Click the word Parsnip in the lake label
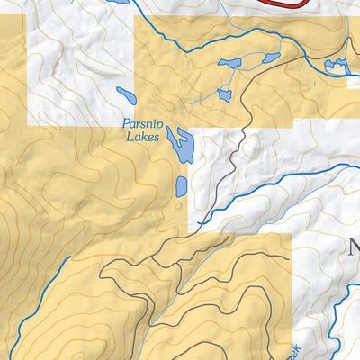pos(141,125)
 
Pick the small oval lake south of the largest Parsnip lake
pos(182,186)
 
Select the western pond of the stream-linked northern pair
pos(231,63)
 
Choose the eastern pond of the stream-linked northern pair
pos(269,58)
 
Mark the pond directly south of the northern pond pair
pos(225,94)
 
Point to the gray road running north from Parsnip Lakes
pos(236,157)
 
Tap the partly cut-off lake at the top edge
pos(117,2)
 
